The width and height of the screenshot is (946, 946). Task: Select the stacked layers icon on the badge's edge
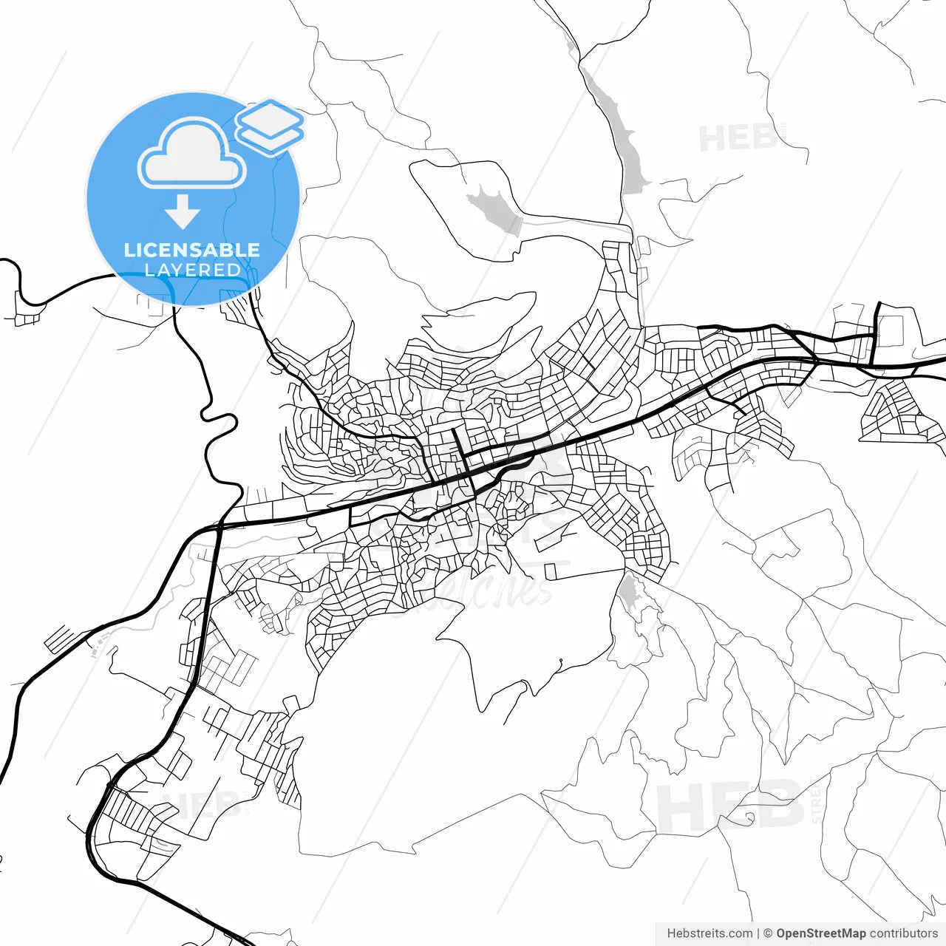point(270,126)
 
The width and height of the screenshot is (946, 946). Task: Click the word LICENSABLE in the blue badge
point(192,250)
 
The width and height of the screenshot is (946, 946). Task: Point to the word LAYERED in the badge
point(192,270)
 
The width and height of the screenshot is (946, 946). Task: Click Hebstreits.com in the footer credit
point(709,933)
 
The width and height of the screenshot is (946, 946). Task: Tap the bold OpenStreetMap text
point(820,933)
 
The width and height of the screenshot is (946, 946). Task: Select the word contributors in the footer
point(903,933)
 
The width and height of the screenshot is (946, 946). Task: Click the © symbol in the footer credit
point(768,933)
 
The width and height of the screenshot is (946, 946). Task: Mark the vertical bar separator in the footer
point(758,933)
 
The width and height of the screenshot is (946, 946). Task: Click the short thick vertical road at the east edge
point(878,333)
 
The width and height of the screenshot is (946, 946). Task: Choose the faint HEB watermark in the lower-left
point(200,804)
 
